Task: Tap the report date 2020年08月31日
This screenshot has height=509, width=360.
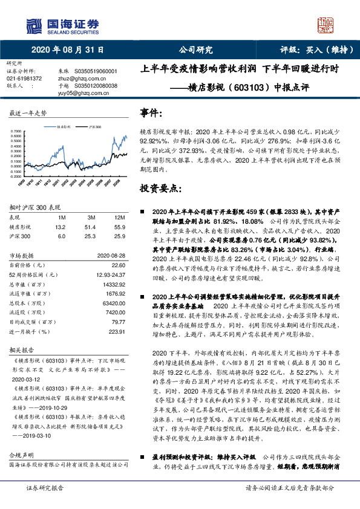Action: point(68,50)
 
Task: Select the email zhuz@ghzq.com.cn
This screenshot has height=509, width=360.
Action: point(77,79)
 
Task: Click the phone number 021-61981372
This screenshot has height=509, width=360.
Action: point(24,79)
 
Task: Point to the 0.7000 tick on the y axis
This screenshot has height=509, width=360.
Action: point(18,131)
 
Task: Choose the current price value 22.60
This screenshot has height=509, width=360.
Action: point(118,264)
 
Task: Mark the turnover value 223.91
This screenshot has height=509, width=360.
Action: point(116,332)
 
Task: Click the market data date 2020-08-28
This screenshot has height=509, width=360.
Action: point(111,255)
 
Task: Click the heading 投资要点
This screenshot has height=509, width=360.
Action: point(160,189)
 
